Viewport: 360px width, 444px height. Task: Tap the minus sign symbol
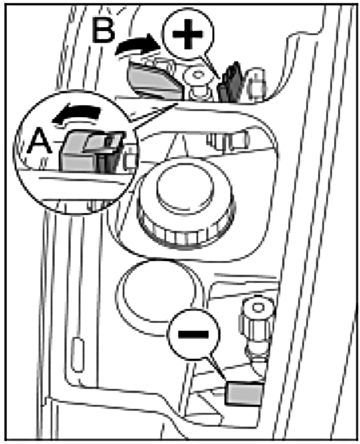tap(194, 333)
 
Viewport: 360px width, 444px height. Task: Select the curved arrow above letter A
tap(74, 116)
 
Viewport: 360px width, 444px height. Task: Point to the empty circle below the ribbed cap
tap(156, 290)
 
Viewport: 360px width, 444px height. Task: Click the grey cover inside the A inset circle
tap(80, 151)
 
